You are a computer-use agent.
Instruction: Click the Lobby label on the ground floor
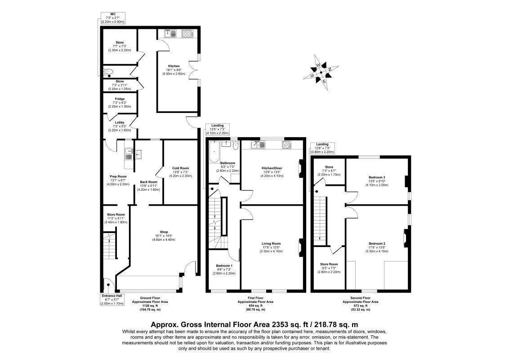click(x=120, y=126)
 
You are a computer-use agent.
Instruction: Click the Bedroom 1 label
click(x=223, y=270)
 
